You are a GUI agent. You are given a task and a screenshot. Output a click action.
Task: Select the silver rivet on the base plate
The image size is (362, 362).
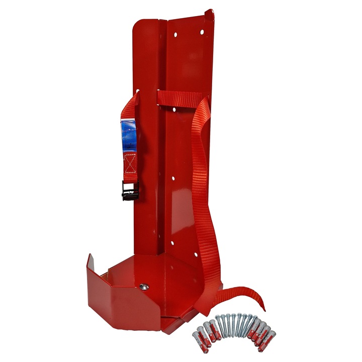(x=144, y=286)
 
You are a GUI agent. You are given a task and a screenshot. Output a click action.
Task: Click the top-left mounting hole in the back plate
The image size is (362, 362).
(x=175, y=35)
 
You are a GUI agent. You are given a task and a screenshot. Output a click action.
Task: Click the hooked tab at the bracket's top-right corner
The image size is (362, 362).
(x=210, y=15)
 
